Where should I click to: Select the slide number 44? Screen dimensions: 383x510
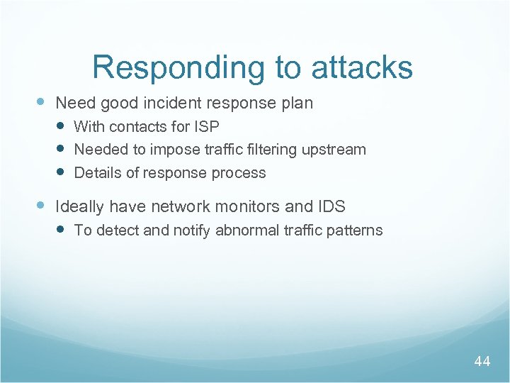482,362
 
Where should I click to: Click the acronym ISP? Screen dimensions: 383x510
205,126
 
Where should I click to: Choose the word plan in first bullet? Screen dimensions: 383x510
297,104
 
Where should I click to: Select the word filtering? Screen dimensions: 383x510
269,149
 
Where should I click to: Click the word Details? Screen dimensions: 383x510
97,172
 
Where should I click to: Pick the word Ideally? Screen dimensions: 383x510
79,207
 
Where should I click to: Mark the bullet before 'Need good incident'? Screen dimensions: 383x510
41,103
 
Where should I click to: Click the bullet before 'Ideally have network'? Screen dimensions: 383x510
41,206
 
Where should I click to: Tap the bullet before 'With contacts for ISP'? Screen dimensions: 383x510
62,126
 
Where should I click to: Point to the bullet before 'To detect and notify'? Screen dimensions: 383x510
62,230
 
